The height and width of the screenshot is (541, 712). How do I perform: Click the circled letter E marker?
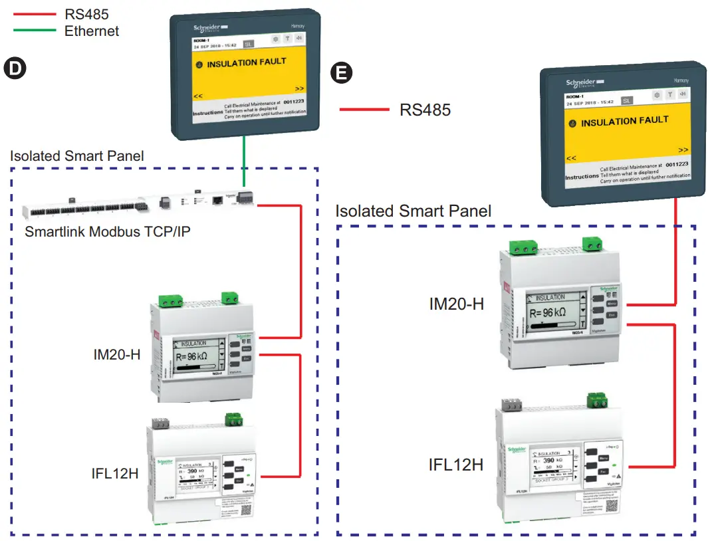coord(342,72)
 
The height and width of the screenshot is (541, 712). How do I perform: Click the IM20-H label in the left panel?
coord(116,354)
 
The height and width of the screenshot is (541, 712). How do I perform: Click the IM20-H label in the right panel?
coord(456,304)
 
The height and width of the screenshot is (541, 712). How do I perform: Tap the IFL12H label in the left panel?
coord(115,473)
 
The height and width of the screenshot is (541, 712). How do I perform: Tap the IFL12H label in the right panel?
coord(456,464)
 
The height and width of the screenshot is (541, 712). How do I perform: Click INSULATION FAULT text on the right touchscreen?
coord(624,122)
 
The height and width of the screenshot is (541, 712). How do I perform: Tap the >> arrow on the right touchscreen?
coord(683,150)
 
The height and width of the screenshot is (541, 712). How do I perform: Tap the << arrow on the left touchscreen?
coord(197,96)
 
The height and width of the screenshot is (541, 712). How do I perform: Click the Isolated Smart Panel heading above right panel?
coord(414,211)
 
